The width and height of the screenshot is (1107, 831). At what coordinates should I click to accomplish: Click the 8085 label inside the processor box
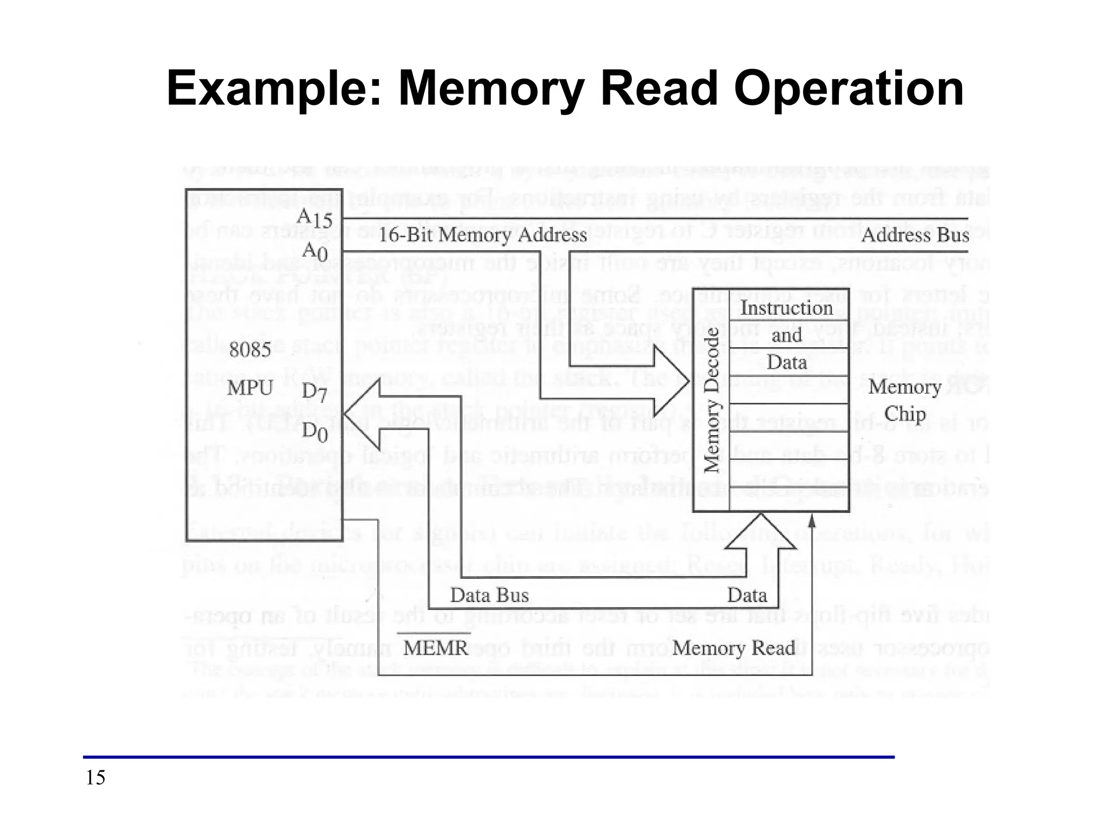[250, 350]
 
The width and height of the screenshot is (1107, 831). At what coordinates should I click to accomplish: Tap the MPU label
[250, 388]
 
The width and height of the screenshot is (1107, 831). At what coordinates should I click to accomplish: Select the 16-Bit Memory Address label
[482, 235]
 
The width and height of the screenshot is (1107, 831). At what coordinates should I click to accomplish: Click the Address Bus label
[915, 235]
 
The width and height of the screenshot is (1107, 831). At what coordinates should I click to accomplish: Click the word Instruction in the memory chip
[786, 308]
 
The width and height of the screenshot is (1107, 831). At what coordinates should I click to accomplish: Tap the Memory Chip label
[904, 400]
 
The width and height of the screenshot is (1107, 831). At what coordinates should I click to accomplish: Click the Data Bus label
[489, 595]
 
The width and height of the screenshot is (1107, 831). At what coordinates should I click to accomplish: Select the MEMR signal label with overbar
[436, 647]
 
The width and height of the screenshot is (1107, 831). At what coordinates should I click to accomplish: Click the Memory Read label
[733, 648]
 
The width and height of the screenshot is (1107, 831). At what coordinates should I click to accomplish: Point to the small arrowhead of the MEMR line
[811, 521]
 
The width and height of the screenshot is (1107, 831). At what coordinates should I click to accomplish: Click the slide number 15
[96, 778]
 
